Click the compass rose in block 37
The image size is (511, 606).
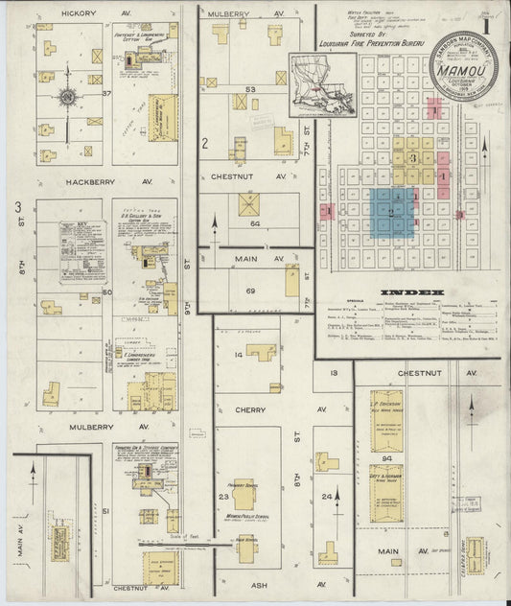67,97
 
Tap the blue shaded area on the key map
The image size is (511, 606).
392,212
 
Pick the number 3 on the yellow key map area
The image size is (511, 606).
412,156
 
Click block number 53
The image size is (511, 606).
250,89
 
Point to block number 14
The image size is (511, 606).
238,355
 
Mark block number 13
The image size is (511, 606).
334,373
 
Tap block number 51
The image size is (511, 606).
106,511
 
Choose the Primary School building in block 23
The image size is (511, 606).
244,490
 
